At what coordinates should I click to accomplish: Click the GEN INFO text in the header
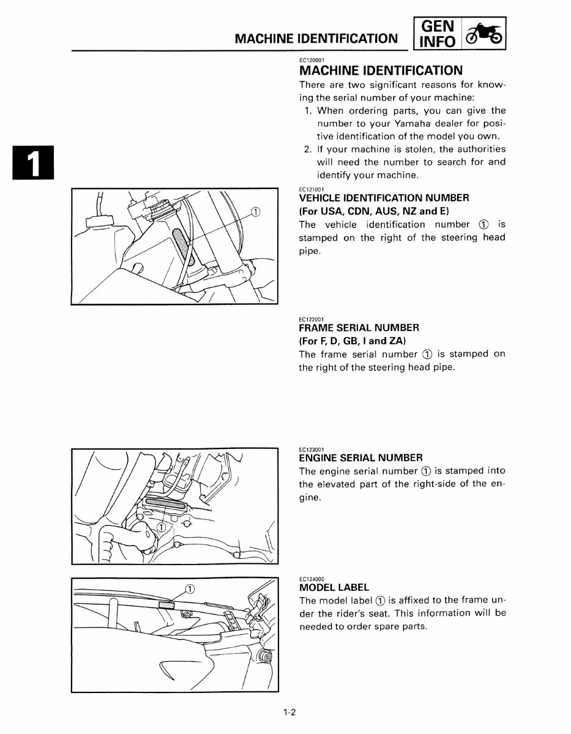click(438, 34)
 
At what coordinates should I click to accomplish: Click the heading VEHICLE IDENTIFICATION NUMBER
click(384, 198)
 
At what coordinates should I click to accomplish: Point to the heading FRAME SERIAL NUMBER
click(359, 327)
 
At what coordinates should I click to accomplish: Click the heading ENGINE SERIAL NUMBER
click(360, 458)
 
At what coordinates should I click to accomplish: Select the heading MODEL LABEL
click(334, 587)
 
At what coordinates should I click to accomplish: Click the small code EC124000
click(312, 578)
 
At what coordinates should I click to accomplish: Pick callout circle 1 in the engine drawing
click(161, 527)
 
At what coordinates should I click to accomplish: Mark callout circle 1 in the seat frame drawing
click(190, 589)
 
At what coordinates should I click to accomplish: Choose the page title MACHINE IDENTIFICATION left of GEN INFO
click(316, 39)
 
